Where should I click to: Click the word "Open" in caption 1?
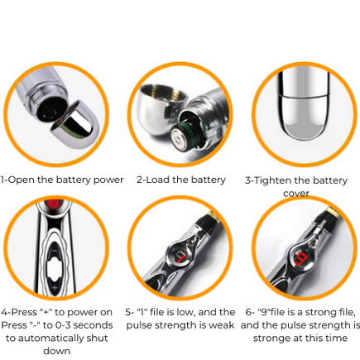pos(22,180)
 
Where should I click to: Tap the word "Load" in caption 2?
pos(157,180)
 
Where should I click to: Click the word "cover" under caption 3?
pos(296,194)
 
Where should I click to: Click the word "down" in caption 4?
pos(56,351)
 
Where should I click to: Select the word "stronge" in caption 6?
pos(271,338)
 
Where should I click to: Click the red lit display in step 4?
pos(54,204)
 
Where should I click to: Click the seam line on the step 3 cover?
pos(304,96)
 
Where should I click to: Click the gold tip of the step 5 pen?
pos(214,217)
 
